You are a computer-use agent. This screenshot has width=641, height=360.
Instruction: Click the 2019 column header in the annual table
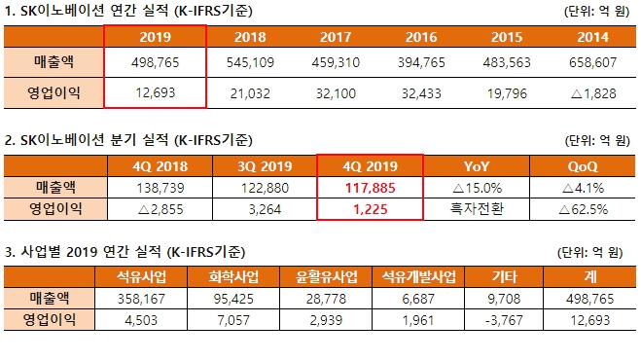point(155,37)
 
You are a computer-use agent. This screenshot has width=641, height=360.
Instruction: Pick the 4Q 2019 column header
point(371,164)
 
